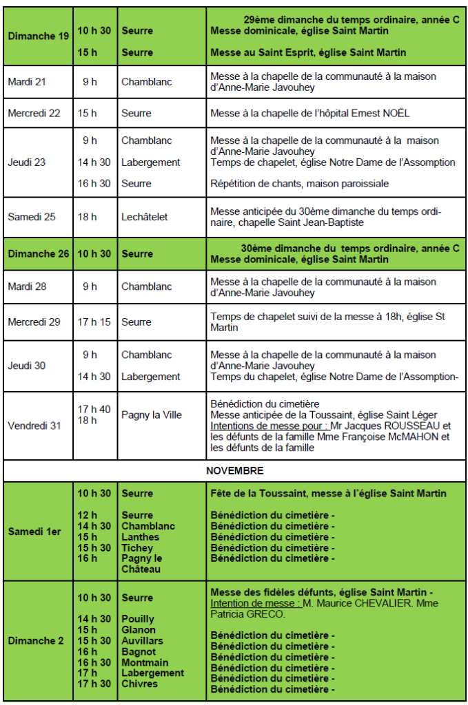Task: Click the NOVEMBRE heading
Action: click(234, 471)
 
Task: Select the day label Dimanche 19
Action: click(39, 36)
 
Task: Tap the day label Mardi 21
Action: click(27, 82)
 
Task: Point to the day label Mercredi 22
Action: click(34, 113)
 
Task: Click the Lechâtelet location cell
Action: click(145, 217)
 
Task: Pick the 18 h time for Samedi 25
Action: click(90, 217)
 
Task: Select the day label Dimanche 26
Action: click(39, 253)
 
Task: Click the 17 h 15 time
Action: click(94, 322)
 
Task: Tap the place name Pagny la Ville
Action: click(152, 414)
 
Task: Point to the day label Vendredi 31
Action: click(34, 425)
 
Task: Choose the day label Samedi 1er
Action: click(34, 532)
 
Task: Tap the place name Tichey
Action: click(138, 548)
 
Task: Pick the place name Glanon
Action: click(139, 630)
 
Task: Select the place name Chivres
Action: click(140, 684)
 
